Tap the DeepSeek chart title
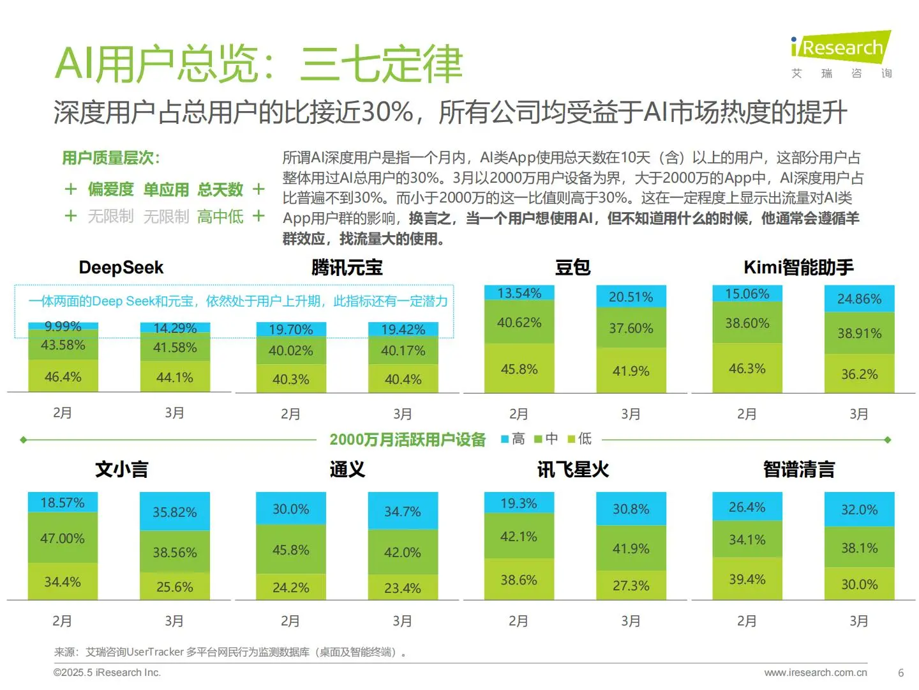[121, 267]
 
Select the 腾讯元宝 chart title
[347, 267]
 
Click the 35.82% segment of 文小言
[175, 512]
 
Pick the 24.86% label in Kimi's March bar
[859, 299]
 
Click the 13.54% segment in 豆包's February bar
[519, 293]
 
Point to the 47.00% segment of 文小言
[63, 538]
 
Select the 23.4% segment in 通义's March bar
[403, 588]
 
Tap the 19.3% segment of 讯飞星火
[519, 503]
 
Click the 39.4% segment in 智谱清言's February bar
[747, 579]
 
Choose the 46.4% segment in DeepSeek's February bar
[63, 377]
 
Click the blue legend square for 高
[505, 439]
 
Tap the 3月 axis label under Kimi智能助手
[859, 414]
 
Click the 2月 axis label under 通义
[290, 621]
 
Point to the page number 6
[900, 673]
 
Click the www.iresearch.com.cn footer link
[815, 672]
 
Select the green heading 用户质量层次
[110, 158]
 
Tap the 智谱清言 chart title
[798, 470]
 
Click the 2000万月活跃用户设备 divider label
[407, 440]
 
